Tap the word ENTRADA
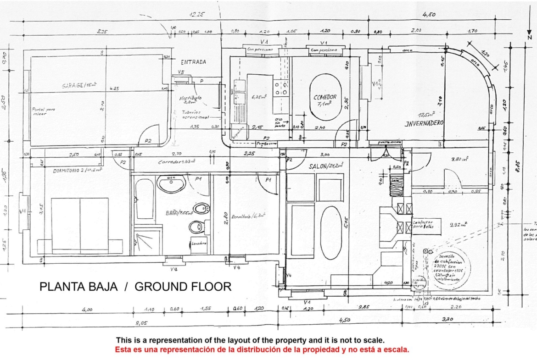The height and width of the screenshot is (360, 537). click(193, 61)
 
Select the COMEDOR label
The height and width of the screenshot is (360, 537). click(325, 97)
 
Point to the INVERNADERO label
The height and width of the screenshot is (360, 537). click(424, 123)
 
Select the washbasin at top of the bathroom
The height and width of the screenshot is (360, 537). click(171, 184)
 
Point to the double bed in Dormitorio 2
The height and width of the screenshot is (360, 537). click(80, 226)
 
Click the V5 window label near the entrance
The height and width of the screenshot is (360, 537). click(181, 72)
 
